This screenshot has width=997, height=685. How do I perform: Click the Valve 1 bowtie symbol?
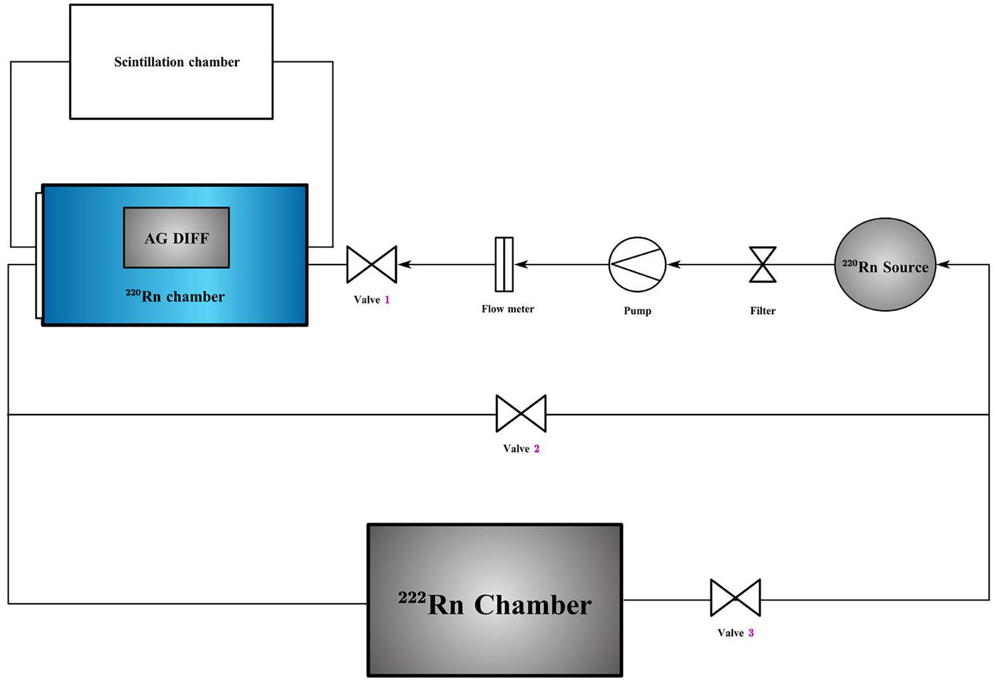tap(372, 265)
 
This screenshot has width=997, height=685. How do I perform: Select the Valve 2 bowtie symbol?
tap(521, 414)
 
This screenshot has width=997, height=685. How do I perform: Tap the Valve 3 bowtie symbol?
tap(736, 598)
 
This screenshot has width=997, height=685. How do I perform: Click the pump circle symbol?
tap(637, 265)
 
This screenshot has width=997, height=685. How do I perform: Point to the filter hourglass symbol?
tap(763, 265)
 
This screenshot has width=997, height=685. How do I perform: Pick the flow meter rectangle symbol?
tap(504, 265)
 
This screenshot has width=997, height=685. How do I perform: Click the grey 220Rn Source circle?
tap(885, 265)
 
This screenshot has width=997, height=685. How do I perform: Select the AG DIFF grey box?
tap(176, 238)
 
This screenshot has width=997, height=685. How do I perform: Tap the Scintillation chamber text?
tap(176, 62)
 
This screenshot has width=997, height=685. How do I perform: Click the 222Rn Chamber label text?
tap(495, 604)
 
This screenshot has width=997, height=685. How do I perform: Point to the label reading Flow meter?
tap(508, 309)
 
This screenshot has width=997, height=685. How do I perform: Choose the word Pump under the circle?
tap(637, 311)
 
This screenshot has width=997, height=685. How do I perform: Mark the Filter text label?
tap(763, 311)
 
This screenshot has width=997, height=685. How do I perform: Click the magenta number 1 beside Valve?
tap(387, 300)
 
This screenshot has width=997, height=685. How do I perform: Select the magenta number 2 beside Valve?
tap(537, 449)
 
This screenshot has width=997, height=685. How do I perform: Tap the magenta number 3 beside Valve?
tap(751, 633)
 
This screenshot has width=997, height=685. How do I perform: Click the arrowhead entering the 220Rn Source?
tap(943, 265)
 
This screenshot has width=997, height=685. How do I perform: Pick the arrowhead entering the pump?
tap(673, 265)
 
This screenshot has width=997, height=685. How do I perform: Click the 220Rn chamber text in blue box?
tap(176, 296)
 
